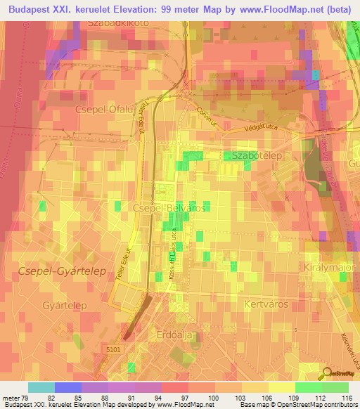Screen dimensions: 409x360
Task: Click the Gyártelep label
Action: coord(64,305)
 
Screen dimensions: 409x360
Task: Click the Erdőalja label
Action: coord(179,335)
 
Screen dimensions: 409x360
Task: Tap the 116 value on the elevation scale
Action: coord(347,397)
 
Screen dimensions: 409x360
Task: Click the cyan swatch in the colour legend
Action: coord(41,387)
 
